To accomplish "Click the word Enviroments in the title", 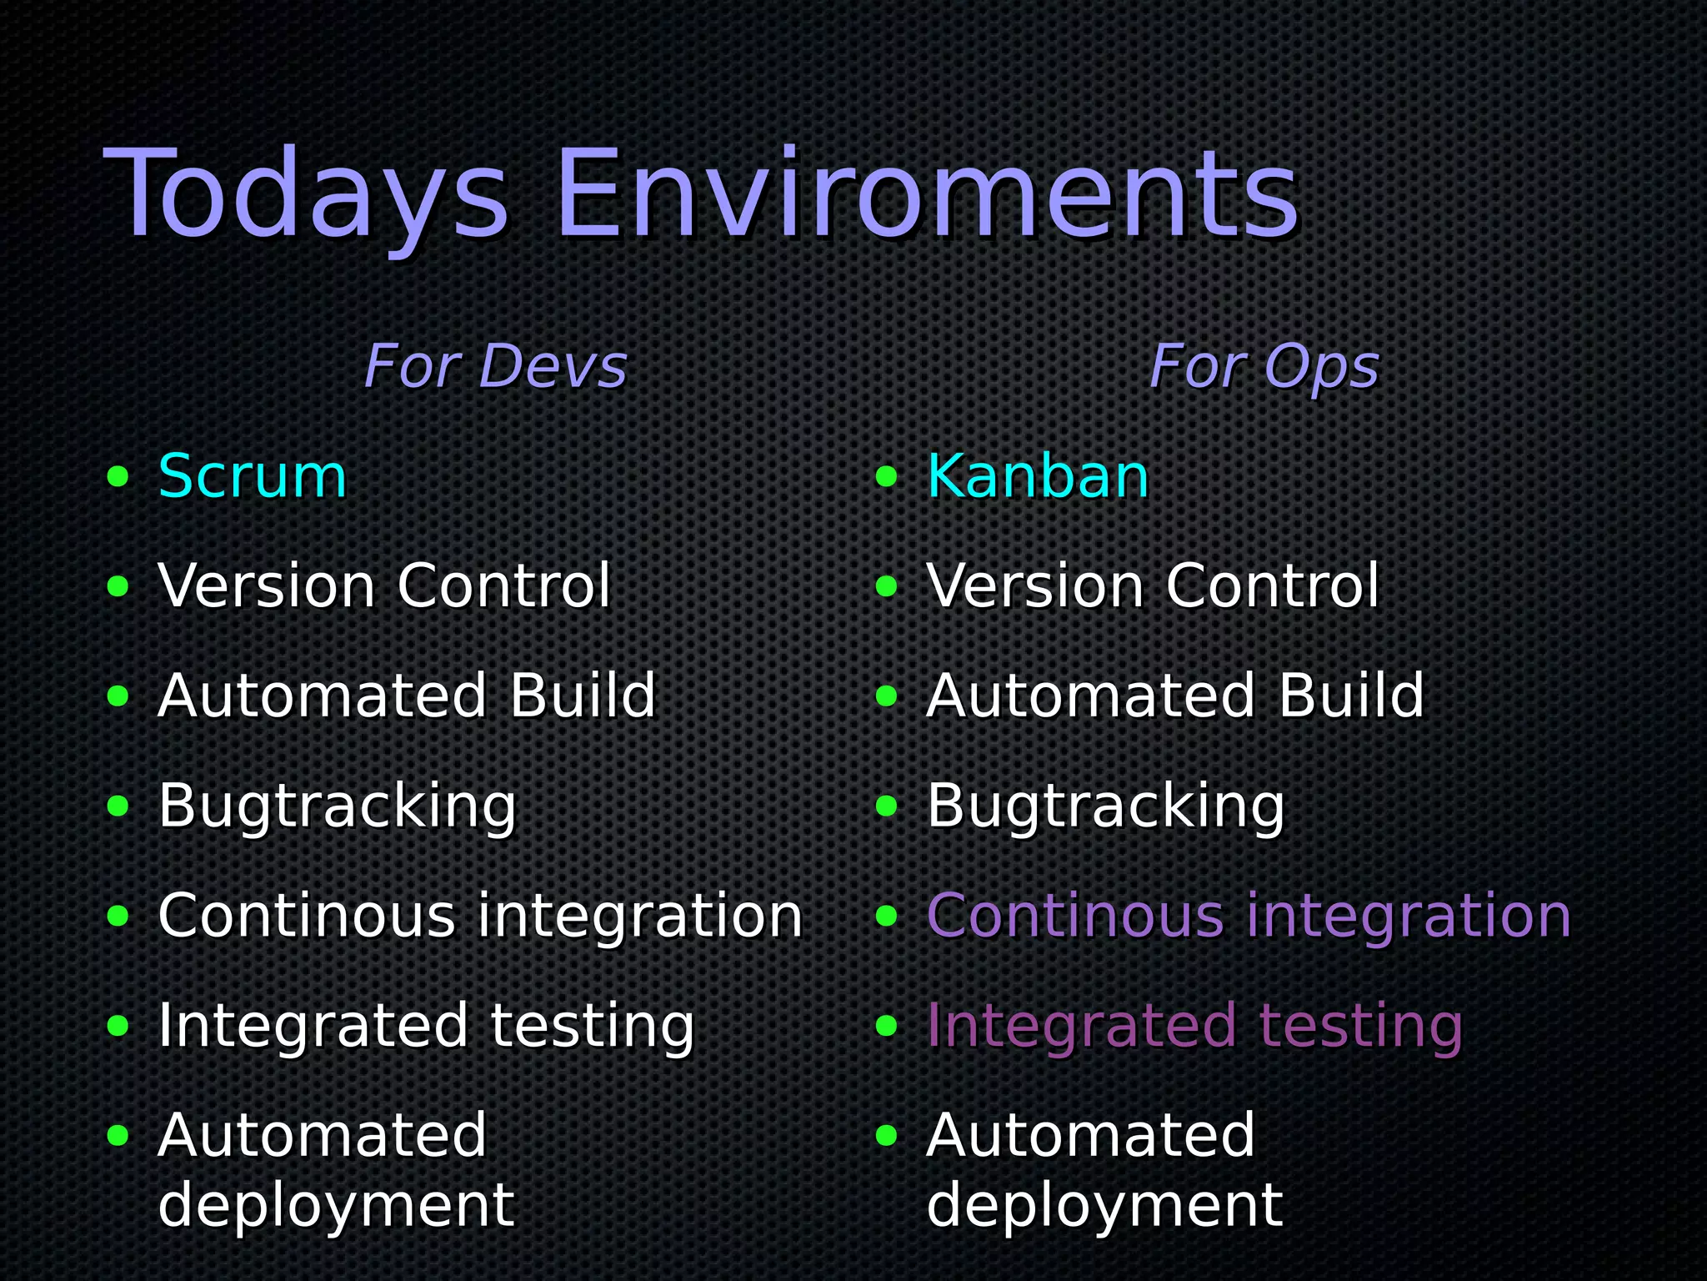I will click(x=925, y=196).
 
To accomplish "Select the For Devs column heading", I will click(x=495, y=367).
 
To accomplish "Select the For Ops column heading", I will click(x=1264, y=367).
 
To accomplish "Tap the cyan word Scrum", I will click(x=252, y=477).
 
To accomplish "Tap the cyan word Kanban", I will click(x=1038, y=477).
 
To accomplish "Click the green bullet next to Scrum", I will click(x=118, y=477).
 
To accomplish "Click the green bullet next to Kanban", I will click(x=887, y=477).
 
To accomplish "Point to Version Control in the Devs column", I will click(x=384, y=586).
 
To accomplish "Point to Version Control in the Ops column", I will click(x=1153, y=586).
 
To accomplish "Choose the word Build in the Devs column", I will click(x=583, y=696).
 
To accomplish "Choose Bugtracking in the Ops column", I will click(x=1106, y=806).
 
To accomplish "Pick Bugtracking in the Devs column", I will click(x=338, y=806).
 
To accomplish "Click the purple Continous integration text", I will click(x=1249, y=916).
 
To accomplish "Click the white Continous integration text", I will click(x=480, y=916).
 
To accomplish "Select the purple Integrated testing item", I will click(x=1194, y=1026).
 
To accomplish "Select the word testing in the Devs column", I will click(x=592, y=1026).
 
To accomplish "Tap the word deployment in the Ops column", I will click(x=1104, y=1205).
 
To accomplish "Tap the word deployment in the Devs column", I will click(x=336, y=1205).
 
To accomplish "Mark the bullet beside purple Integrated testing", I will click(x=887, y=1026).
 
